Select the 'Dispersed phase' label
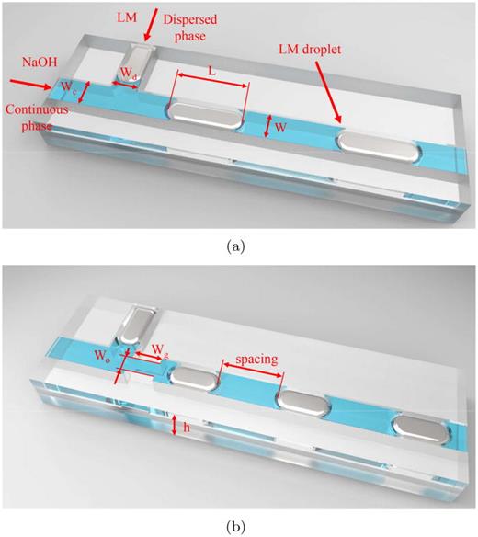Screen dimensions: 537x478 point(182,29)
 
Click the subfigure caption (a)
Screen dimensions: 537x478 point(238,246)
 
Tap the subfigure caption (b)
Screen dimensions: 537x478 point(238,527)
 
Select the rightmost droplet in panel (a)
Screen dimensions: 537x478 point(376,141)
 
